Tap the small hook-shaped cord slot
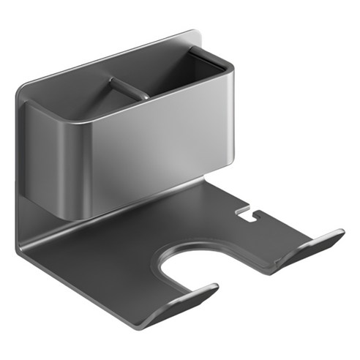click(250, 215)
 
